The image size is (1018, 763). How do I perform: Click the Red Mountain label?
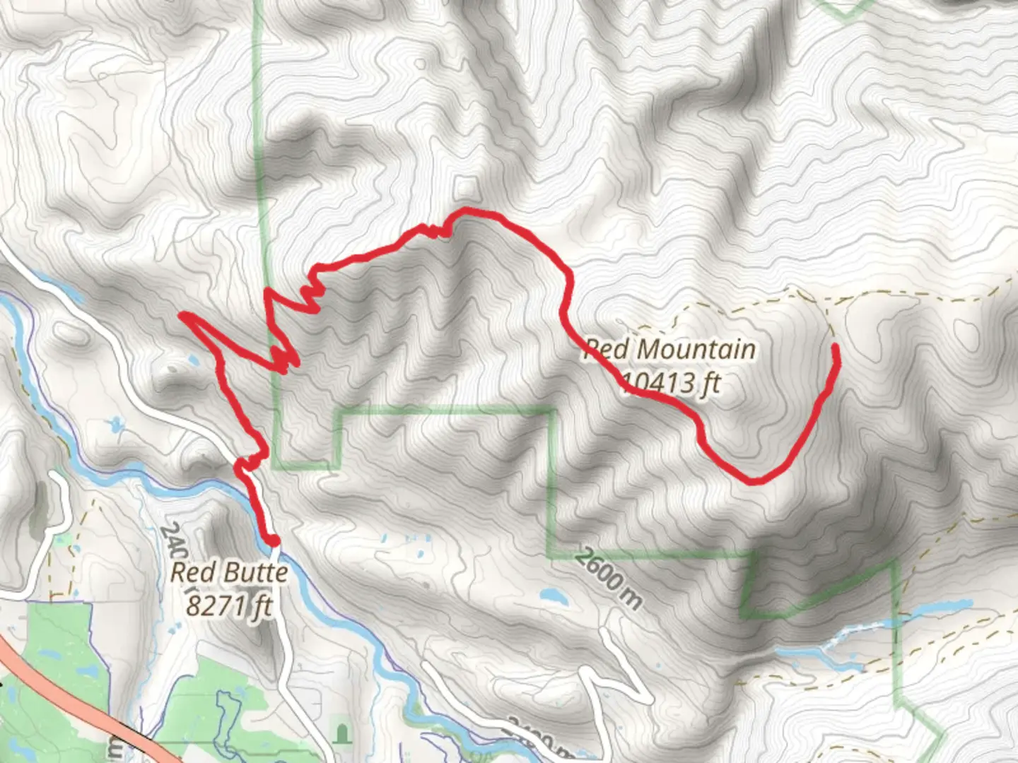(669, 350)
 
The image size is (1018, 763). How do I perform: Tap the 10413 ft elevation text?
(671, 384)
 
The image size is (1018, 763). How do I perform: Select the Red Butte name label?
(229, 572)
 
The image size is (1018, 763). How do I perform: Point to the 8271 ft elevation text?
(229, 605)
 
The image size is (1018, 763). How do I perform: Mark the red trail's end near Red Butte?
(274, 541)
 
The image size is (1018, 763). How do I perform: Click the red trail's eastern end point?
(835, 346)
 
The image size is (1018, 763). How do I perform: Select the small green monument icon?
(343, 734)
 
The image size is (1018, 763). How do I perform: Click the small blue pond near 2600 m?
(554, 597)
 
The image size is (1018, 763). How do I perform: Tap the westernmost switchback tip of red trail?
(182, 314)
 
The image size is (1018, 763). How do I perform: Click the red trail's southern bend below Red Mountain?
(755, 481)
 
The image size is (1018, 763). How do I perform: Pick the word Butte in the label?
(259, 572)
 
